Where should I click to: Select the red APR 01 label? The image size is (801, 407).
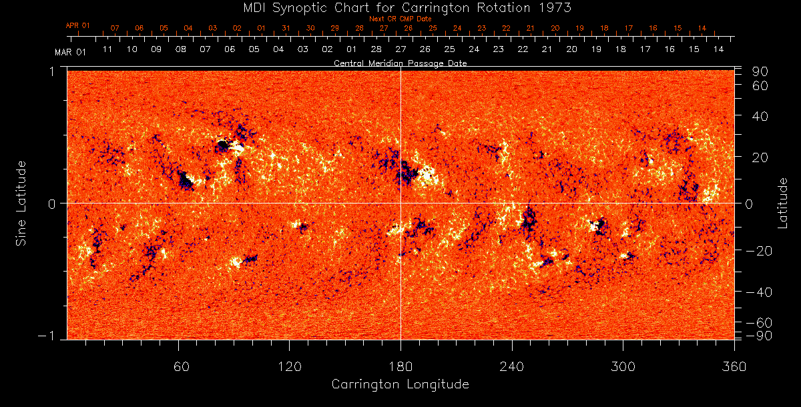(x=77, y=25)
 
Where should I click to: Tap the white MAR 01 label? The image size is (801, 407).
(x=70, y=51)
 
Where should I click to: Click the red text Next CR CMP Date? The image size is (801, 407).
(x=400, y=19)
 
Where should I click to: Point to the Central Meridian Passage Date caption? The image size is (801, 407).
(x=400, y=63)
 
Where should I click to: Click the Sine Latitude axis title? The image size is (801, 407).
(x=21, y=203)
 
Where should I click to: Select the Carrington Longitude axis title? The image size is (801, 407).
(x=400, y=384)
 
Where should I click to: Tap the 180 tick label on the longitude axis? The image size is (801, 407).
(x=400, y=366)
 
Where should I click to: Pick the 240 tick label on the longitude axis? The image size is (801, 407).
(x=512, y=366)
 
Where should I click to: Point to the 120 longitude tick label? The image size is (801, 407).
(x=290, y=366)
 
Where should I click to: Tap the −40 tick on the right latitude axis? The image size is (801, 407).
(x=760, y=292)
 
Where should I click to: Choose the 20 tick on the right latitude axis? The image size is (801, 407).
(x=762, y=157)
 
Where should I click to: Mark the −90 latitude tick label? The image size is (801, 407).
(x=760, y=335)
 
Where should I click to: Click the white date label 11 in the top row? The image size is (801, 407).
(x=107, y=49)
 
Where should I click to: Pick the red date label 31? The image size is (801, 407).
(x=286, y=29)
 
